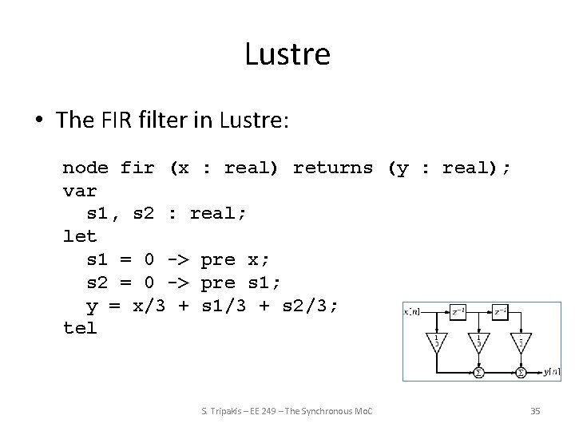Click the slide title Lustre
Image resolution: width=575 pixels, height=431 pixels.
(x=287, y=54)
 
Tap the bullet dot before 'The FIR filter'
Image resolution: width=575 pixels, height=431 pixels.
(x=39, y=121)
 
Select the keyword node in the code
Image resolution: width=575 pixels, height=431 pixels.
(x=85, y=168)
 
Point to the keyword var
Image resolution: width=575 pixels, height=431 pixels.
(x=80, y=191)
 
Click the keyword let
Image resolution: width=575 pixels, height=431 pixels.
(x=80, y=236)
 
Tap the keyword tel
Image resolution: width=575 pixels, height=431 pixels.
(x=80, y=327)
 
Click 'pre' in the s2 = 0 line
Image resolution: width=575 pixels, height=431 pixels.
(x=218, y=282)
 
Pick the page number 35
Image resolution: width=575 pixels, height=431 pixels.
(x=535, y=410)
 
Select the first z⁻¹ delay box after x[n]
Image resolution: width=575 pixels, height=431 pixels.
(x=458, y=310)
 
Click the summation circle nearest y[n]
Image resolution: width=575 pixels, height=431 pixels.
(x=521, y=372)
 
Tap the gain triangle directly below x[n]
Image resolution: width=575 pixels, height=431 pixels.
(x=437, y=341)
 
